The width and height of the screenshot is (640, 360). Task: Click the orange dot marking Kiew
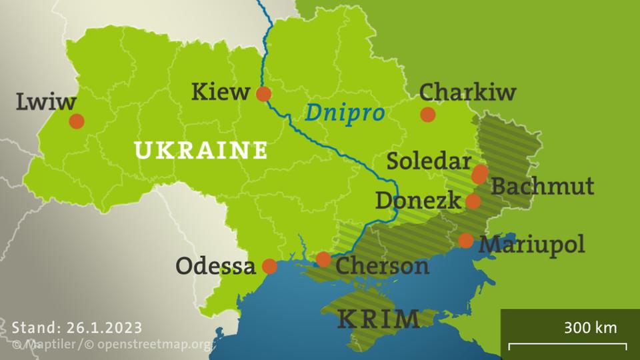tap(264, 94)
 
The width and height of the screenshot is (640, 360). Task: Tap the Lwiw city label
tap(46, 102)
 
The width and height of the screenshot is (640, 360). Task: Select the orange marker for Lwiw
tap(77, 121)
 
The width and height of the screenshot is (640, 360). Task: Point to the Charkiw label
tap(468, 92)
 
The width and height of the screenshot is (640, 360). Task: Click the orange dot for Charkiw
tap(428, 115)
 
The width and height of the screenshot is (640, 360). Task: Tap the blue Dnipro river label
tap(345, 113)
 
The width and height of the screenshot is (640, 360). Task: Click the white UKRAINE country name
tap(201, 149)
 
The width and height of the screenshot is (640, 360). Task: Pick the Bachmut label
tap(542, 186)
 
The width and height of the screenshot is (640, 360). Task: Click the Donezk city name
tap(418, 200)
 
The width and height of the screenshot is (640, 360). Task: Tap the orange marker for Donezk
tap(473, 201)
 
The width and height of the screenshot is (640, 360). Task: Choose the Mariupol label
tap(532, 244)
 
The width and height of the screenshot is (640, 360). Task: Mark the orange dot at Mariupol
tap(466, 241)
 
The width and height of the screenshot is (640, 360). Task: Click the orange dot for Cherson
tap(323, 259)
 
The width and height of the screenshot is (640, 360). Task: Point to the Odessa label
tap(215, 267)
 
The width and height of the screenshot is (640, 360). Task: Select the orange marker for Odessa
tap(269, 267)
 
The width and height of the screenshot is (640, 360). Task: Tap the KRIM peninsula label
tap(379, 319)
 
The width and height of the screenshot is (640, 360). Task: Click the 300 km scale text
tap(590, 327)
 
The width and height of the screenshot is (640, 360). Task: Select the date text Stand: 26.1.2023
tap(77, 327)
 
